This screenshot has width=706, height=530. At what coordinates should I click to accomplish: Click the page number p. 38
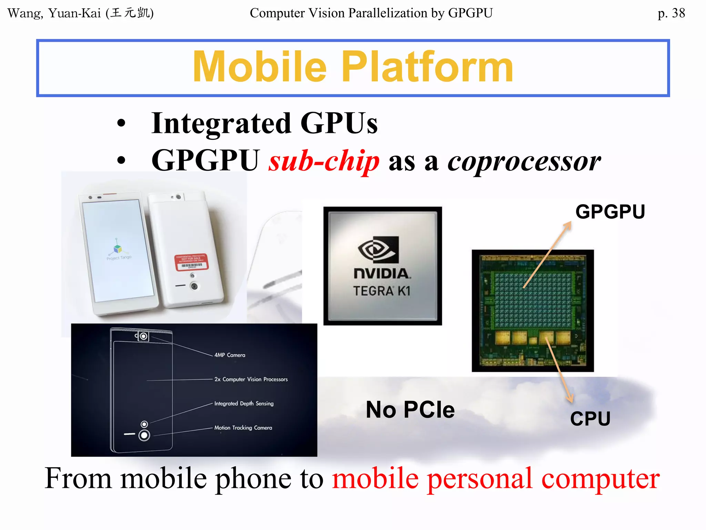[671, 13]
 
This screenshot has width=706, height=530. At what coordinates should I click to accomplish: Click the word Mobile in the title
[259, 67]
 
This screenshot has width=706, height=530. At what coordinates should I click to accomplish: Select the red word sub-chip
[324, 161]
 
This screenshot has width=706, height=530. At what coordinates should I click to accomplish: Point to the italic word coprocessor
[524, 161]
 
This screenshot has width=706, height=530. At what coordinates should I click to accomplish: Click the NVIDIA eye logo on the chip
[378, 249]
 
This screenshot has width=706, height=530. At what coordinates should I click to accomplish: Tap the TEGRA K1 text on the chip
[382, 291]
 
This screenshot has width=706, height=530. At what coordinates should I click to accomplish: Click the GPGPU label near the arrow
[610, 212]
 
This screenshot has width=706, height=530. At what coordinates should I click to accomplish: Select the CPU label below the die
[590, 419]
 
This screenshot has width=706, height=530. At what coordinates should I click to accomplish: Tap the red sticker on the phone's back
[192, 262]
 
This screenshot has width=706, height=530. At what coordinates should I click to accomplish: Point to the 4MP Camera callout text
[230, 355]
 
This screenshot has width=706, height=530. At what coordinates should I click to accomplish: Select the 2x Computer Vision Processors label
[251, 379]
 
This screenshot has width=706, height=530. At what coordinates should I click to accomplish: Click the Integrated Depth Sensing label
[244, 403]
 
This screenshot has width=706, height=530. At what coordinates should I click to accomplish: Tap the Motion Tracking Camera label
[243, 428]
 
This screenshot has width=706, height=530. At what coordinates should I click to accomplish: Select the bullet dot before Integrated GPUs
[121, 124]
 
